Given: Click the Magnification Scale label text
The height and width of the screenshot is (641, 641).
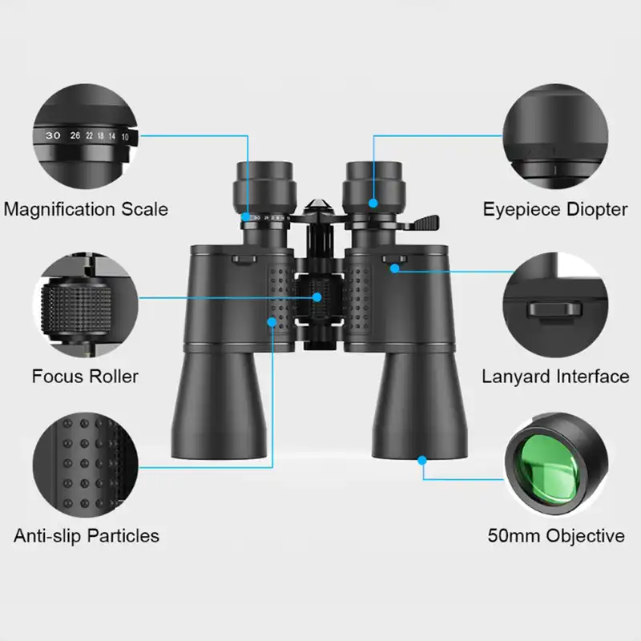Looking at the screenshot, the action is [x=86, y=209].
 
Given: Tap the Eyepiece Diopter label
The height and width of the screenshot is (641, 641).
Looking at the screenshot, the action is [x=555, y=209].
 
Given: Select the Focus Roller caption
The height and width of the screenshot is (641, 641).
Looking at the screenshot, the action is [x=85, y=376].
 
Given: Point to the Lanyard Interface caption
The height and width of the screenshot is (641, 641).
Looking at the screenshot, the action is [x=555, y=376].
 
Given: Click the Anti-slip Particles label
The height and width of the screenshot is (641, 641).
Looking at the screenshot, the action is [x=87, y=535].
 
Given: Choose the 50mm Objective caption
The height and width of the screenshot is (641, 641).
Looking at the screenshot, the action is [x=556, y=535].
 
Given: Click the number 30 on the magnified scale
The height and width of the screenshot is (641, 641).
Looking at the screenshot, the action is [x=53, y=135].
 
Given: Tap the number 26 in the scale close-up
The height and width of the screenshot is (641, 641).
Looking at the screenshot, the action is [x=75, y=135].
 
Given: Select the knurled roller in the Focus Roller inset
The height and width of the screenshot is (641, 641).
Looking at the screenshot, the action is [x=76, y=306].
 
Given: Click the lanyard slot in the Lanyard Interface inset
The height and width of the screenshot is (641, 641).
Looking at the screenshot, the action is [x=554, y=309].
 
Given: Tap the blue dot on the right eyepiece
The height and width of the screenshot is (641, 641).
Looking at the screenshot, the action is [x=373, y=203].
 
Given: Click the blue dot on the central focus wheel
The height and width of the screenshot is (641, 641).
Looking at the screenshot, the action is [x=316, y=297].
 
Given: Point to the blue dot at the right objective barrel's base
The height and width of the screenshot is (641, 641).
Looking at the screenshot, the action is [x=422, y=461].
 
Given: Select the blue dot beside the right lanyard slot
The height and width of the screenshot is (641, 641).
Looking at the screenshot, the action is [x=394, y=268].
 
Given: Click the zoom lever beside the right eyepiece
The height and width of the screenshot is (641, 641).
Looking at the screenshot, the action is [x=426, y=223].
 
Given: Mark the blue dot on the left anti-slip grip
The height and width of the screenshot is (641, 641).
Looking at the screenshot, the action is [x=272, y=322].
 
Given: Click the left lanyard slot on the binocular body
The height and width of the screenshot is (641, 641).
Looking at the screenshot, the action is [x=244, y=259].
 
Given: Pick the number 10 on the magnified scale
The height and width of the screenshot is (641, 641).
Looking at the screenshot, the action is [x=125, y=137].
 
